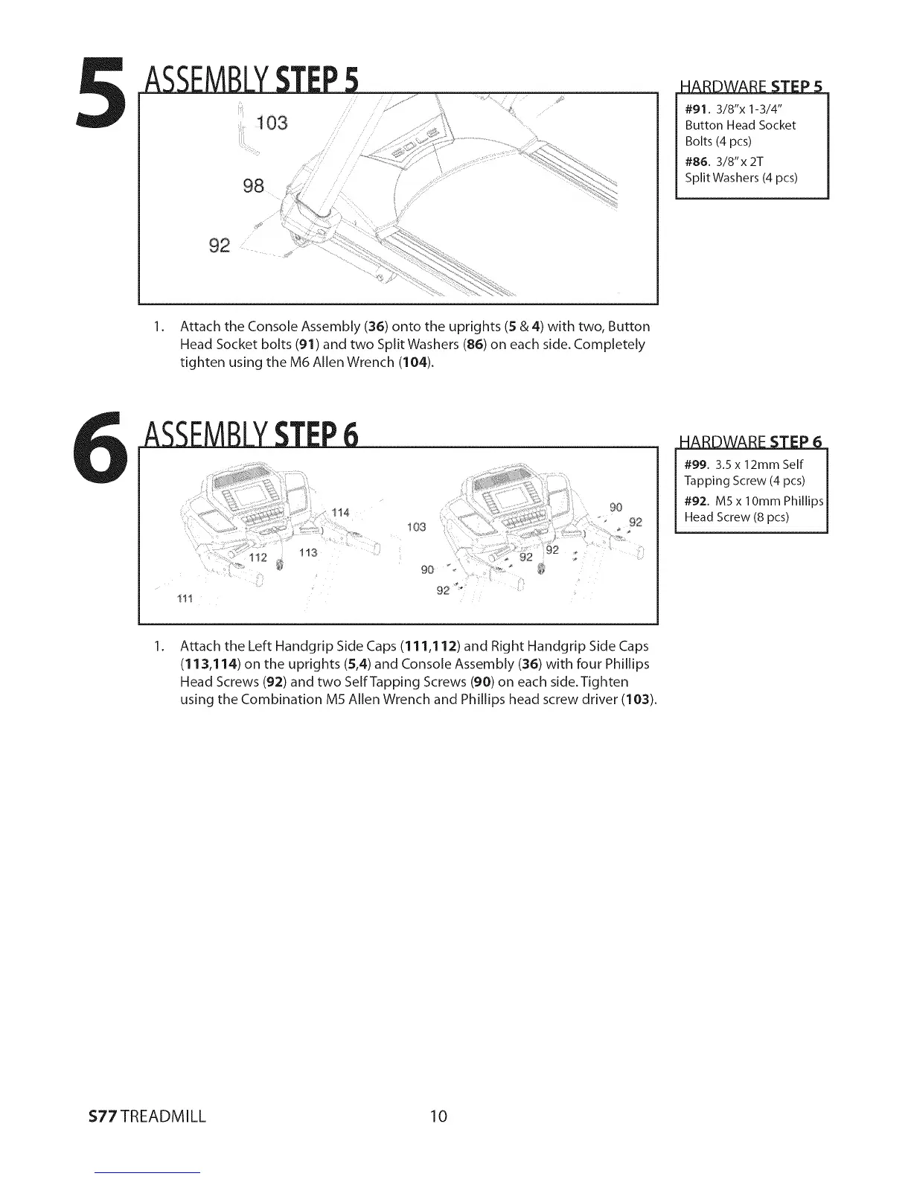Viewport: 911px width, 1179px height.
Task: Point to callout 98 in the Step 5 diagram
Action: tap(254, 185)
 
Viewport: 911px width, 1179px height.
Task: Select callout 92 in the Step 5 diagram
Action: tap(220, 244)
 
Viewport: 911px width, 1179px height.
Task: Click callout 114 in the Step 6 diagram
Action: tap(340, 512)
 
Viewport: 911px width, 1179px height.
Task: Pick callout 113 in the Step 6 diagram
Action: tap(307, 552)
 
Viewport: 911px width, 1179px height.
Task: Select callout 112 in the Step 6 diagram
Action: tap(258, 557)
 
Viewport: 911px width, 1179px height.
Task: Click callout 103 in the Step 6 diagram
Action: tap(416, 528)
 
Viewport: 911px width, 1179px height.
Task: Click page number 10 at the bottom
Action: tap(438, 1116)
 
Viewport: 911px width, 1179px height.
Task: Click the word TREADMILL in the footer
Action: tap(164, 1116)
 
